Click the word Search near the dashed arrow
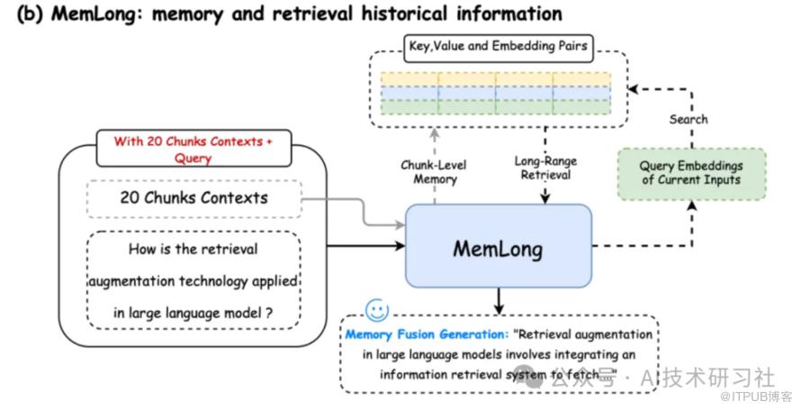coord(688,119)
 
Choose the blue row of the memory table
coord(496,93)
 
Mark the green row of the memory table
coord(496,107)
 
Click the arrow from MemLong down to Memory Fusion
coord(498,301)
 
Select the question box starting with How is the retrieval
coord(193,280)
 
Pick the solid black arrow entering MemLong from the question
coord(360,244)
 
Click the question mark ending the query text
coord(268,313)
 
